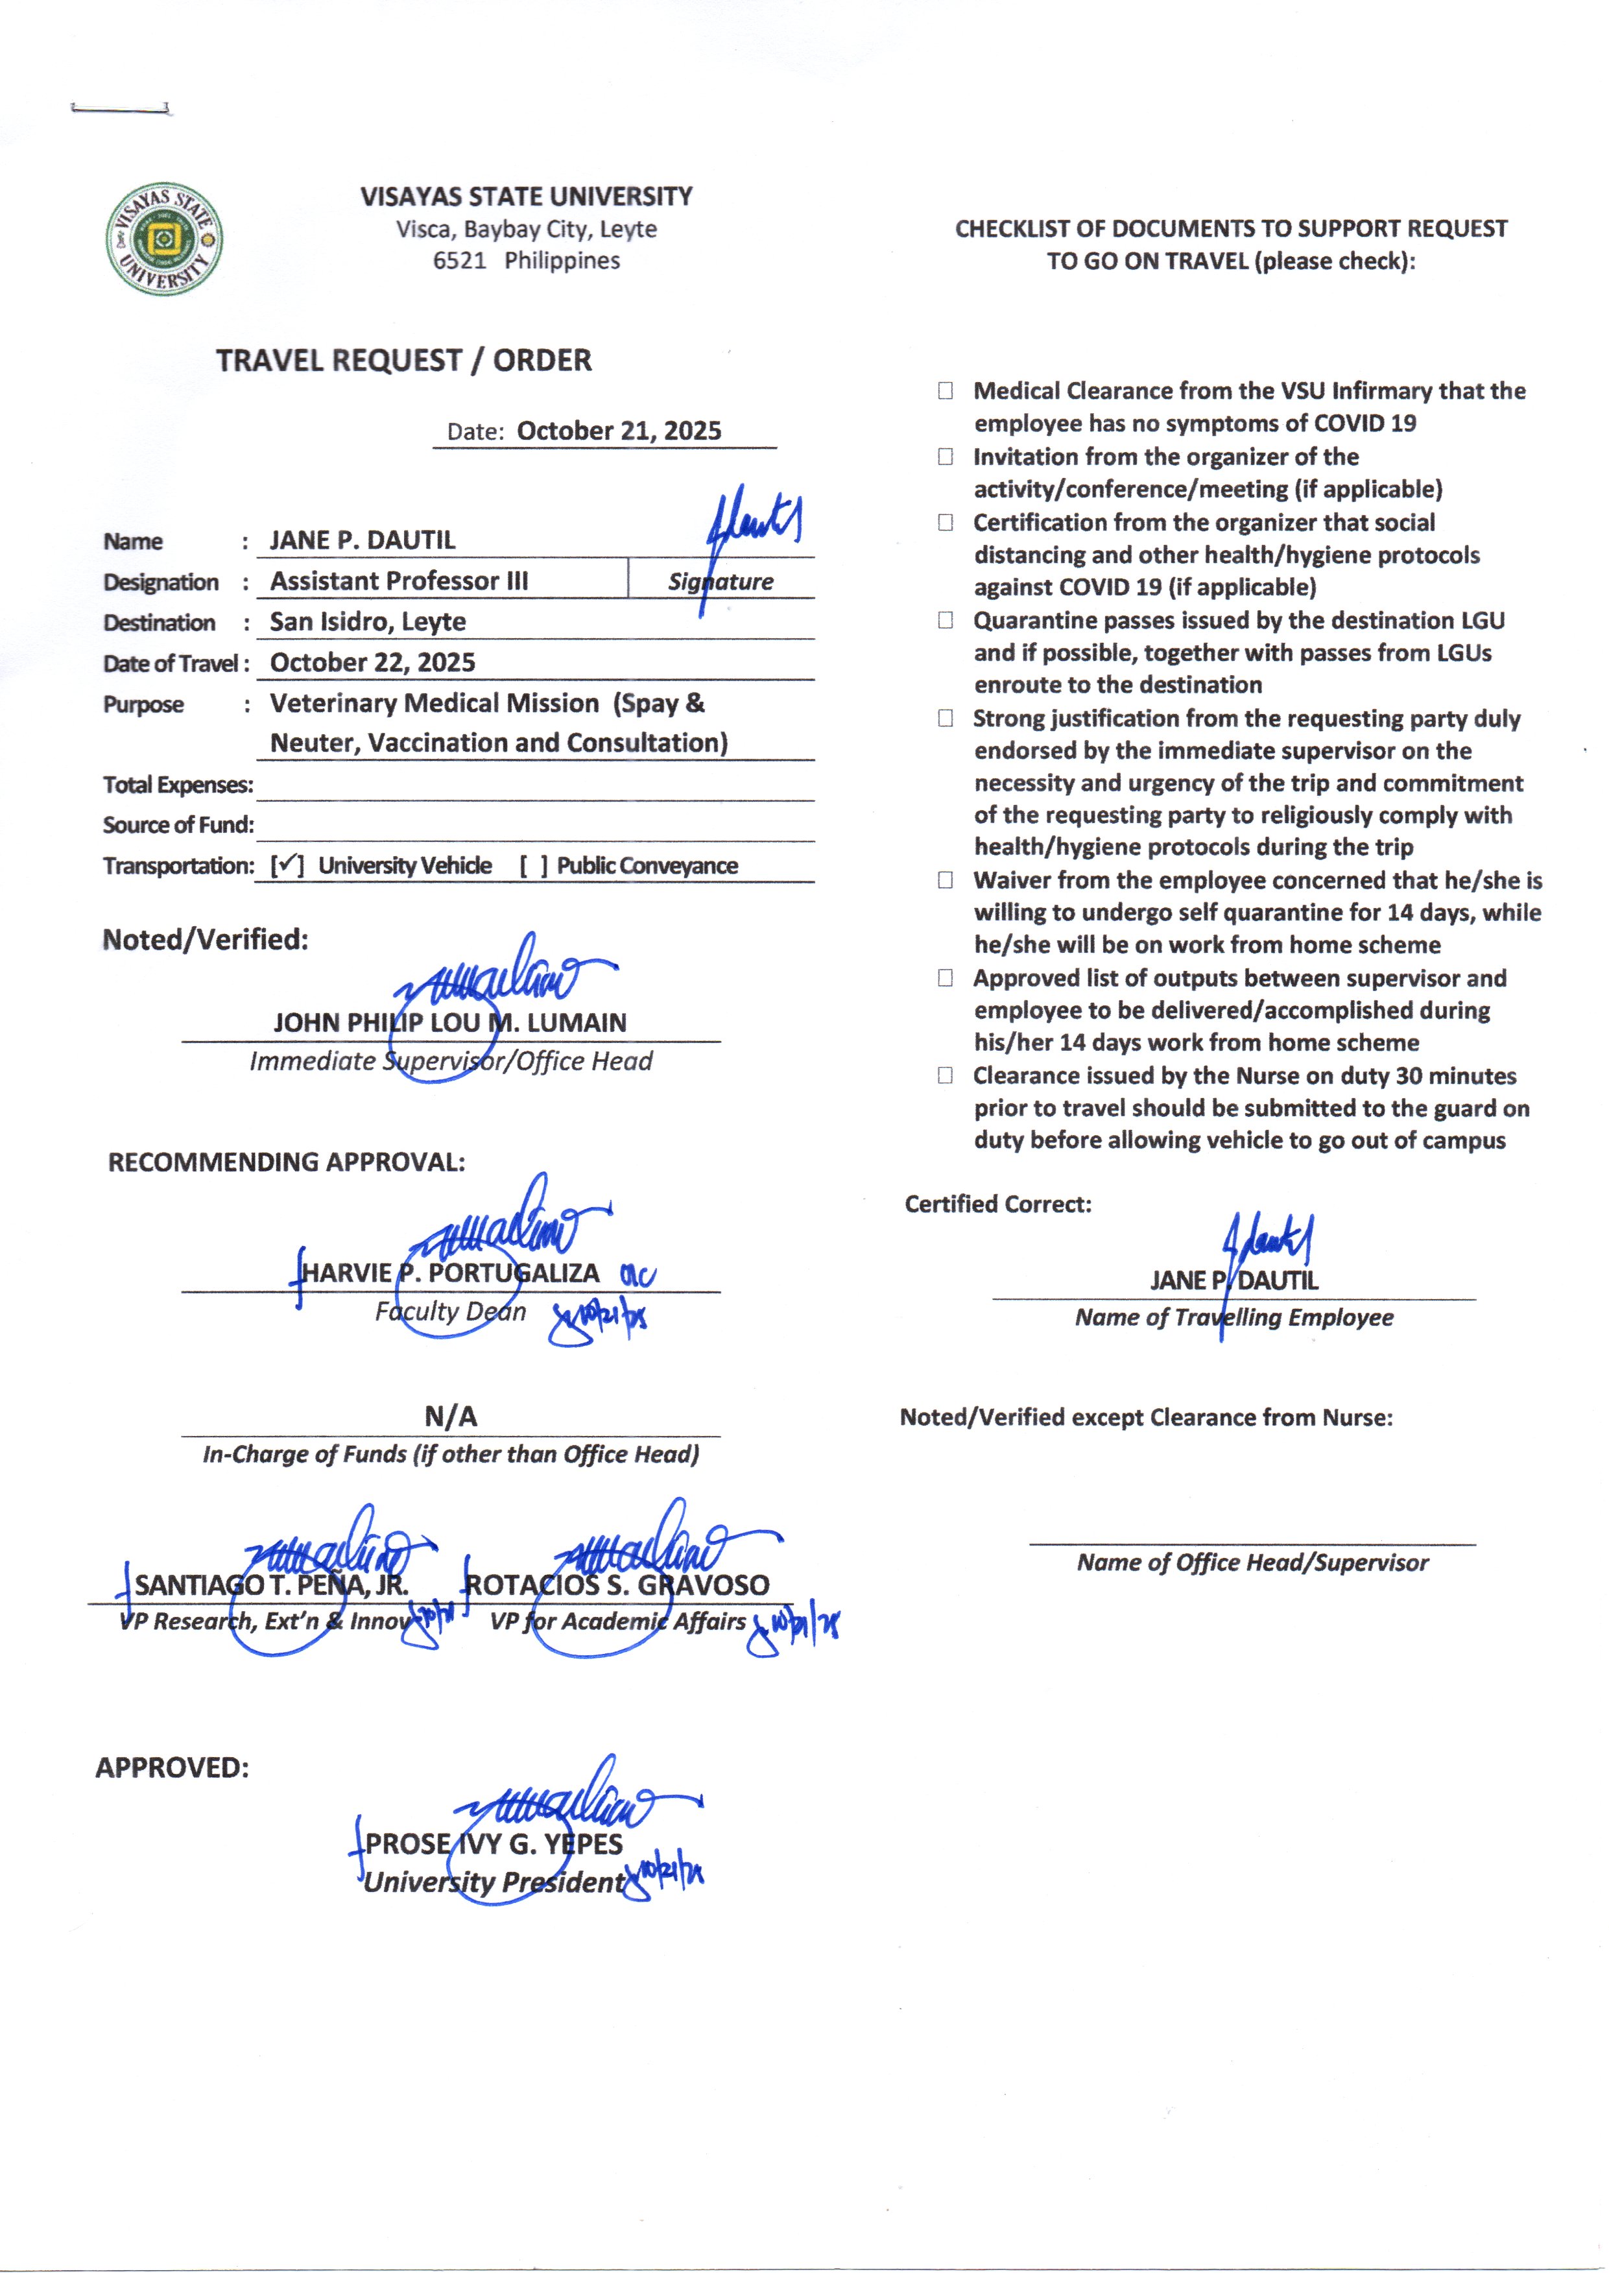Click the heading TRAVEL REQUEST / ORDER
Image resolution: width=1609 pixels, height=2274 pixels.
tap(403, 361)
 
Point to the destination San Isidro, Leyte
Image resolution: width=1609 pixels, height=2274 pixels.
tap(368, 621)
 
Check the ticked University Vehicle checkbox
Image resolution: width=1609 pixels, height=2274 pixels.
tap(287, 865)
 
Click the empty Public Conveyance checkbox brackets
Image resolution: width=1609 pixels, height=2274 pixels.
tap(533, 866)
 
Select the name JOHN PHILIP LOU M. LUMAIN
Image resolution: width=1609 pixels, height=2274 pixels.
tap(450, 1023)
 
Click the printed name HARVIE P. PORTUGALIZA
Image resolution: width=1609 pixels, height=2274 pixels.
tap(450, 1273)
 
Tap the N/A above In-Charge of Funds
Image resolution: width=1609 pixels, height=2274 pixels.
tap(451, 1417)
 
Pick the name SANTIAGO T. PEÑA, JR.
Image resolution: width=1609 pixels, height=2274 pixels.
tap(272, 1585)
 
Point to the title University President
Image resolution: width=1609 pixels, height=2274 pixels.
tap(494, 1883)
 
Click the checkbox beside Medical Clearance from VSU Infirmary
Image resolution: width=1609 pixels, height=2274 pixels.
tap(946, 391)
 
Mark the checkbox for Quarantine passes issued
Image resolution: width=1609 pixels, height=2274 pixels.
tap(946, 620)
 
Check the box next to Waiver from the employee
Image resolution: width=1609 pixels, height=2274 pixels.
tap(946, 880)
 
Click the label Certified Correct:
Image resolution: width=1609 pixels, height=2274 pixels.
tap(997, 1204)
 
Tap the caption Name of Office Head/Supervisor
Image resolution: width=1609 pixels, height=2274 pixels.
tap(1252, 1562)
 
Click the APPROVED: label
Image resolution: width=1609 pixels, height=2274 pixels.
tap(173, 1767)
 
